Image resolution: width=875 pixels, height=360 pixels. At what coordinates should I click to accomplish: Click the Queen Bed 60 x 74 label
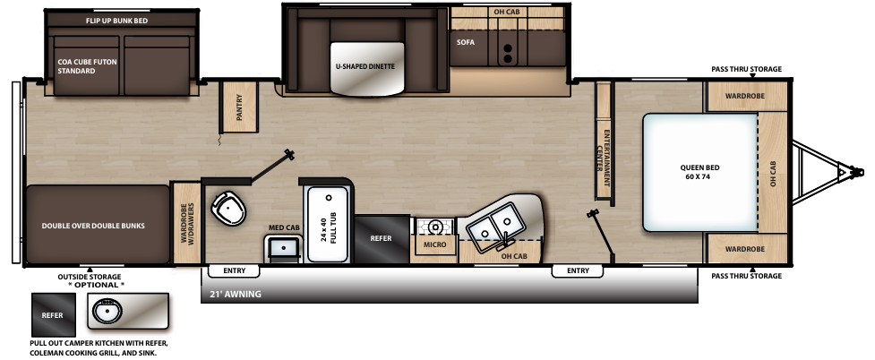699,172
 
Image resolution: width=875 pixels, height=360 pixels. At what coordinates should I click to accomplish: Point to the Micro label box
434,243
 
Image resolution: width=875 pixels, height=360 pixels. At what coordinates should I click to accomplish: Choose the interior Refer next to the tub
382,238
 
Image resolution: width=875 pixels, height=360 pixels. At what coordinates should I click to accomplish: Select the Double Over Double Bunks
93,226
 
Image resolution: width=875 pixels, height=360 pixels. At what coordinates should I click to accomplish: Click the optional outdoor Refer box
54,316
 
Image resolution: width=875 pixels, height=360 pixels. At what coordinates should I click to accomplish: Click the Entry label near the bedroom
578,270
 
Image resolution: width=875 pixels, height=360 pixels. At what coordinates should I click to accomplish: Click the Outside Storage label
90,277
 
